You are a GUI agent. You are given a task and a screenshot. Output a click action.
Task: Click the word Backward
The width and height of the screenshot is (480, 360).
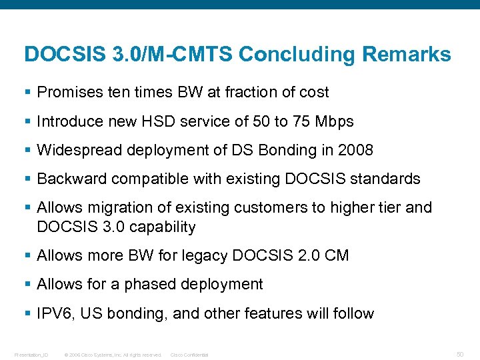71,179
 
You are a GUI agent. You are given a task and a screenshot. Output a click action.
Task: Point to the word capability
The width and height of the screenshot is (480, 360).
163,227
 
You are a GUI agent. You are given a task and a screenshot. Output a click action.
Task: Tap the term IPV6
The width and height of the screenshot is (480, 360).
54,313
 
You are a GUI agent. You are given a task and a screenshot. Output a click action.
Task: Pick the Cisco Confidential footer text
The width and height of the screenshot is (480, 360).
189,355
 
